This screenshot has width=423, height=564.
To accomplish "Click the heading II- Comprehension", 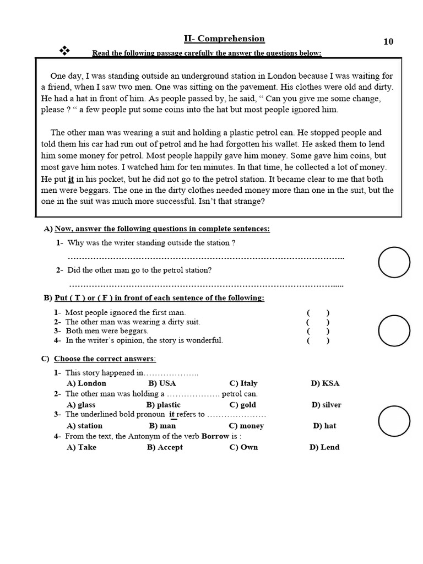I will click(224, 39).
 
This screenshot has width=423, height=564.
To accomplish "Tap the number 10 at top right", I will click(388, 42).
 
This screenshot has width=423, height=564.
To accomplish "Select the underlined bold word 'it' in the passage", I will click(71, 180).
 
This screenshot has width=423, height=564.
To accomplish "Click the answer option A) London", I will click(86, 383).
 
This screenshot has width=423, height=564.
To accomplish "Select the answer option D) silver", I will click(326, 405).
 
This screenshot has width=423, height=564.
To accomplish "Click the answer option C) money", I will click(246, 426).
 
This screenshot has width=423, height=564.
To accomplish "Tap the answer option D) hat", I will click(324, 426).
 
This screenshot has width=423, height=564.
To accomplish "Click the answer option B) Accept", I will click(165, 447).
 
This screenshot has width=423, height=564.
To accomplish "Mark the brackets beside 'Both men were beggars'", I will click(318, 332).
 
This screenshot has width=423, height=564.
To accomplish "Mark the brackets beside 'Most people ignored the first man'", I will click(318, 313).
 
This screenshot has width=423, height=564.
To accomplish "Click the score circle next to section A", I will click(394, 262).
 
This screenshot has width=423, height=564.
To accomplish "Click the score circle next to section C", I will click(394, 421).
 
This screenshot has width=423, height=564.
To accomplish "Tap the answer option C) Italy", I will click(243, 383).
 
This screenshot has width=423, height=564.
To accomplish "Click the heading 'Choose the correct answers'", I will click(105, 359).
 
